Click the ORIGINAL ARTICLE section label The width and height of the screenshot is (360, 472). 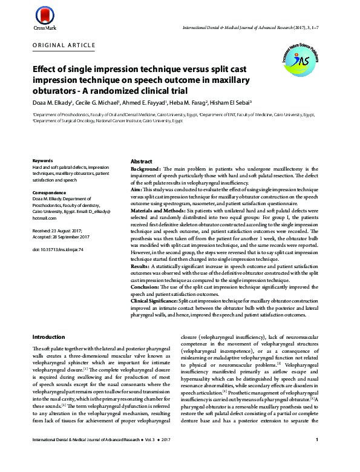[64, 45]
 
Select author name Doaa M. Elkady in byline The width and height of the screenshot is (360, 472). [53, 103]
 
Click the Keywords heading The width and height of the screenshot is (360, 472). [44, 161]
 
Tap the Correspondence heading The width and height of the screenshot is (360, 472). [50, 192]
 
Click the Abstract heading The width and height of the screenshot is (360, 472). [142, 162]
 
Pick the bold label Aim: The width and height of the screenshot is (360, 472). [137, 189]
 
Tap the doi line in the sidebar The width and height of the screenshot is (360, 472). [57, 249]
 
